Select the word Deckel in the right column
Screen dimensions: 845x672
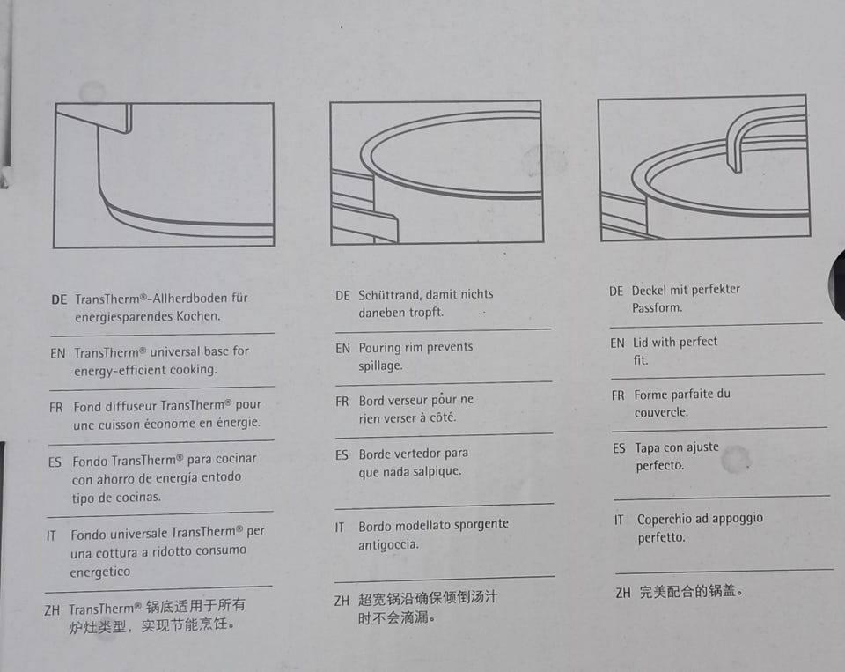coord(650,291)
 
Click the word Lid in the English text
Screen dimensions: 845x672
coord(641,343)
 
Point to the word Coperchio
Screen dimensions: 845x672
coord(665,520)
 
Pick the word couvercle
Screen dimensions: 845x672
coord(661,412)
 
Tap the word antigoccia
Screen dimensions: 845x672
coord(388,544)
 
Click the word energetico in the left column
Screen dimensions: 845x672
coord(100,572)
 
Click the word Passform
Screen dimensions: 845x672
coord(658,308)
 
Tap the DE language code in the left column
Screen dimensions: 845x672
coord(59,299)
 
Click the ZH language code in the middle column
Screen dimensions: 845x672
coord(342,601)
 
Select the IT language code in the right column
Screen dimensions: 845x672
coord(619,521)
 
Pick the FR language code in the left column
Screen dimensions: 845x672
coord(56,408)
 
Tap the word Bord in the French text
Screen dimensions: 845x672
coord(371,402)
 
